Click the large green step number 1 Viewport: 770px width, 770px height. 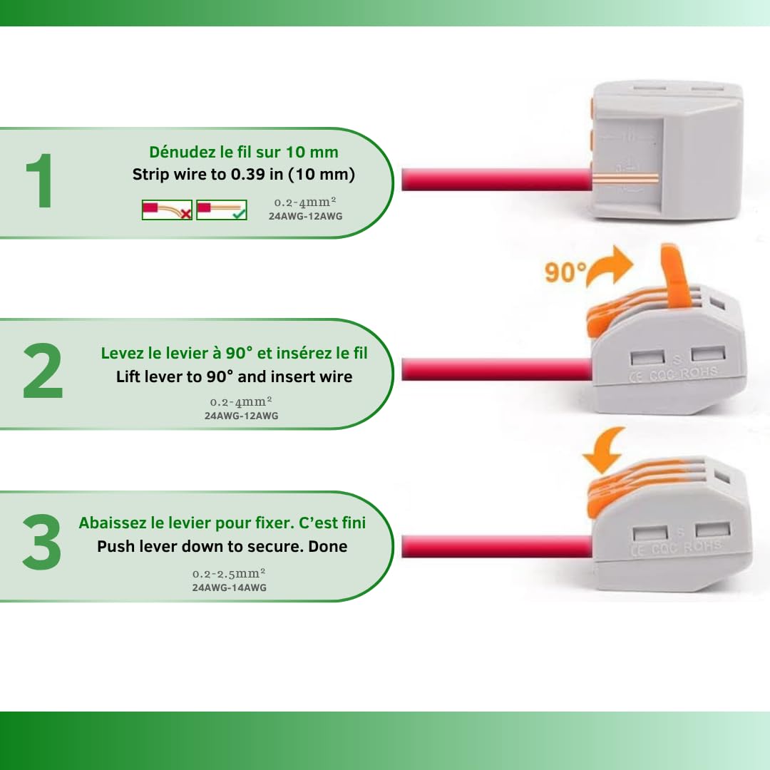click(x=39, y=180)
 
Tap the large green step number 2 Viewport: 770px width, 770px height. click(x=43, y=370)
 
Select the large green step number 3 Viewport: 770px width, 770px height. click(x=42, y=542)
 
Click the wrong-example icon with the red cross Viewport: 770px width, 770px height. click(x=167, y=210)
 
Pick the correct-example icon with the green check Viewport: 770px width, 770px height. click(x=222, y=210)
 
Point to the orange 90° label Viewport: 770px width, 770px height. click(x=565, y=272)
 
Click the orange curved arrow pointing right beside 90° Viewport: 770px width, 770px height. click(x=609, y=267)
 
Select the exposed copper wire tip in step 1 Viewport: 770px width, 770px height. click(x=625, y=178)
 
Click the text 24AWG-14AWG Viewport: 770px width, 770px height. click(x=230, y=587)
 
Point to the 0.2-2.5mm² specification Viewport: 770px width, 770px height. click(x=229, y=573)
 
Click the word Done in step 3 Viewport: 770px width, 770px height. click(x=327, y=546)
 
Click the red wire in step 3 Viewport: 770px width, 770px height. click(x=497, y=546)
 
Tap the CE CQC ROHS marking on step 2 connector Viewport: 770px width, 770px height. click(x=673, y=375)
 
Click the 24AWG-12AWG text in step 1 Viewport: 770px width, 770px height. click(x=305, y=216)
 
